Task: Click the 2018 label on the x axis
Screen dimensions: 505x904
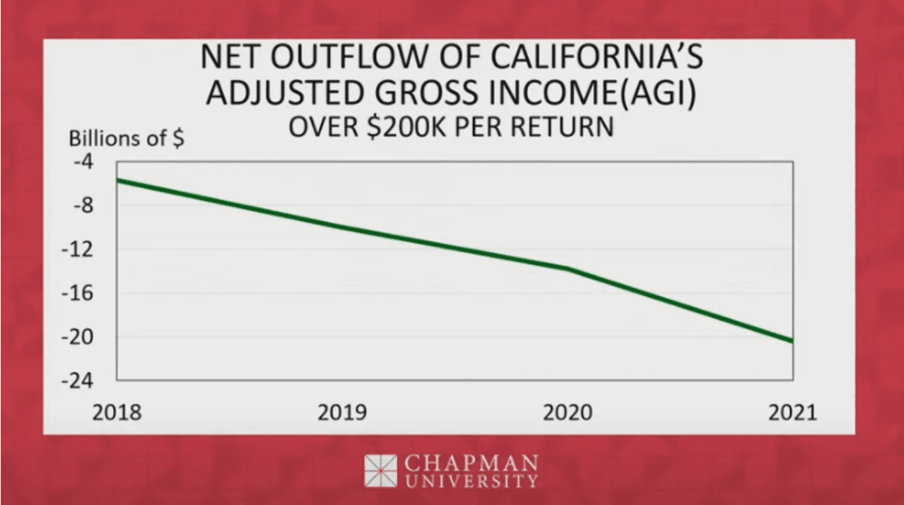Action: [x=116, y=412]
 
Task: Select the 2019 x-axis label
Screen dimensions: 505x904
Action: [x=342, y=412]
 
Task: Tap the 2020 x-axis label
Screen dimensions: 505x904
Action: [x=568, y=412]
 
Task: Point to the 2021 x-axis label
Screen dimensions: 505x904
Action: [x=792, y=412]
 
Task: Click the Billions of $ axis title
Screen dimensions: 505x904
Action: [x=126, y=140]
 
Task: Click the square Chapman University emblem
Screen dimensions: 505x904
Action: [x=380, y=470]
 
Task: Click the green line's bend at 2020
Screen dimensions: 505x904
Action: [x=567, y=268]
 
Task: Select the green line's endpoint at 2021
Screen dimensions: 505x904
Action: [x=792, y=342]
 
